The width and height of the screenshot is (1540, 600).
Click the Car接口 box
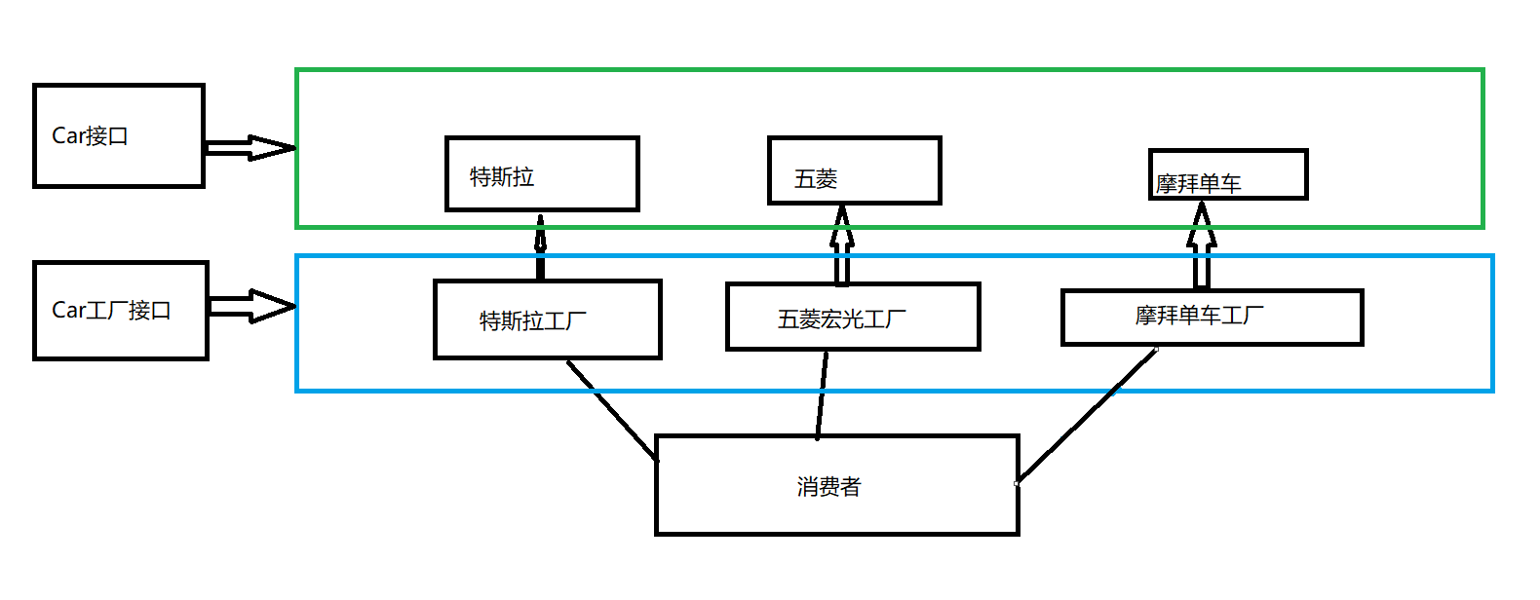(118, 135)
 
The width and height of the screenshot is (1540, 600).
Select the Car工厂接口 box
(120, 310)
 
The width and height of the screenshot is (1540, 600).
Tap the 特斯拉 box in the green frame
(542, 173)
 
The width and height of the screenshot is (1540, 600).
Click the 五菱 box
(854, 170)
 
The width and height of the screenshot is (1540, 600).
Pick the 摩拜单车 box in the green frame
(1227, 174)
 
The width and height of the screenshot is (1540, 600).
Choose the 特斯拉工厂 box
(547, 319)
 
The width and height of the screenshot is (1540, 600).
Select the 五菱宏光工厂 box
(852, 317)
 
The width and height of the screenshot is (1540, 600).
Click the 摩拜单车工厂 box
(1211, 317)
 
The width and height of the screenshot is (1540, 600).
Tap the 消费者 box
(836, 485)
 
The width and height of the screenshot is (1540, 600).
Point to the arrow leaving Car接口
(250, 148)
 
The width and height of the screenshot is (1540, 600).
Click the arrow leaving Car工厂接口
(251, 306)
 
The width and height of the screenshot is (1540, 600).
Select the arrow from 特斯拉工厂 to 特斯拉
(540, 245)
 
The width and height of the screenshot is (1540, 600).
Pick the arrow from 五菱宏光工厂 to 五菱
(842, 245)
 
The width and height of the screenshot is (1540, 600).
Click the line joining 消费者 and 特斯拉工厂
(612, 409)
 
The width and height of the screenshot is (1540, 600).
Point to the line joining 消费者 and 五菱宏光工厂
(822, 394)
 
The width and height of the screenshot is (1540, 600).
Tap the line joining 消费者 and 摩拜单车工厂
(1088, 415)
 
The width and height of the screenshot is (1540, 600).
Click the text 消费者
(828, 486)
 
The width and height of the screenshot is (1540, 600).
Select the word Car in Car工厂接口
(68, 310)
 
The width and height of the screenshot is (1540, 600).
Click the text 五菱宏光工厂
(841, 319)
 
